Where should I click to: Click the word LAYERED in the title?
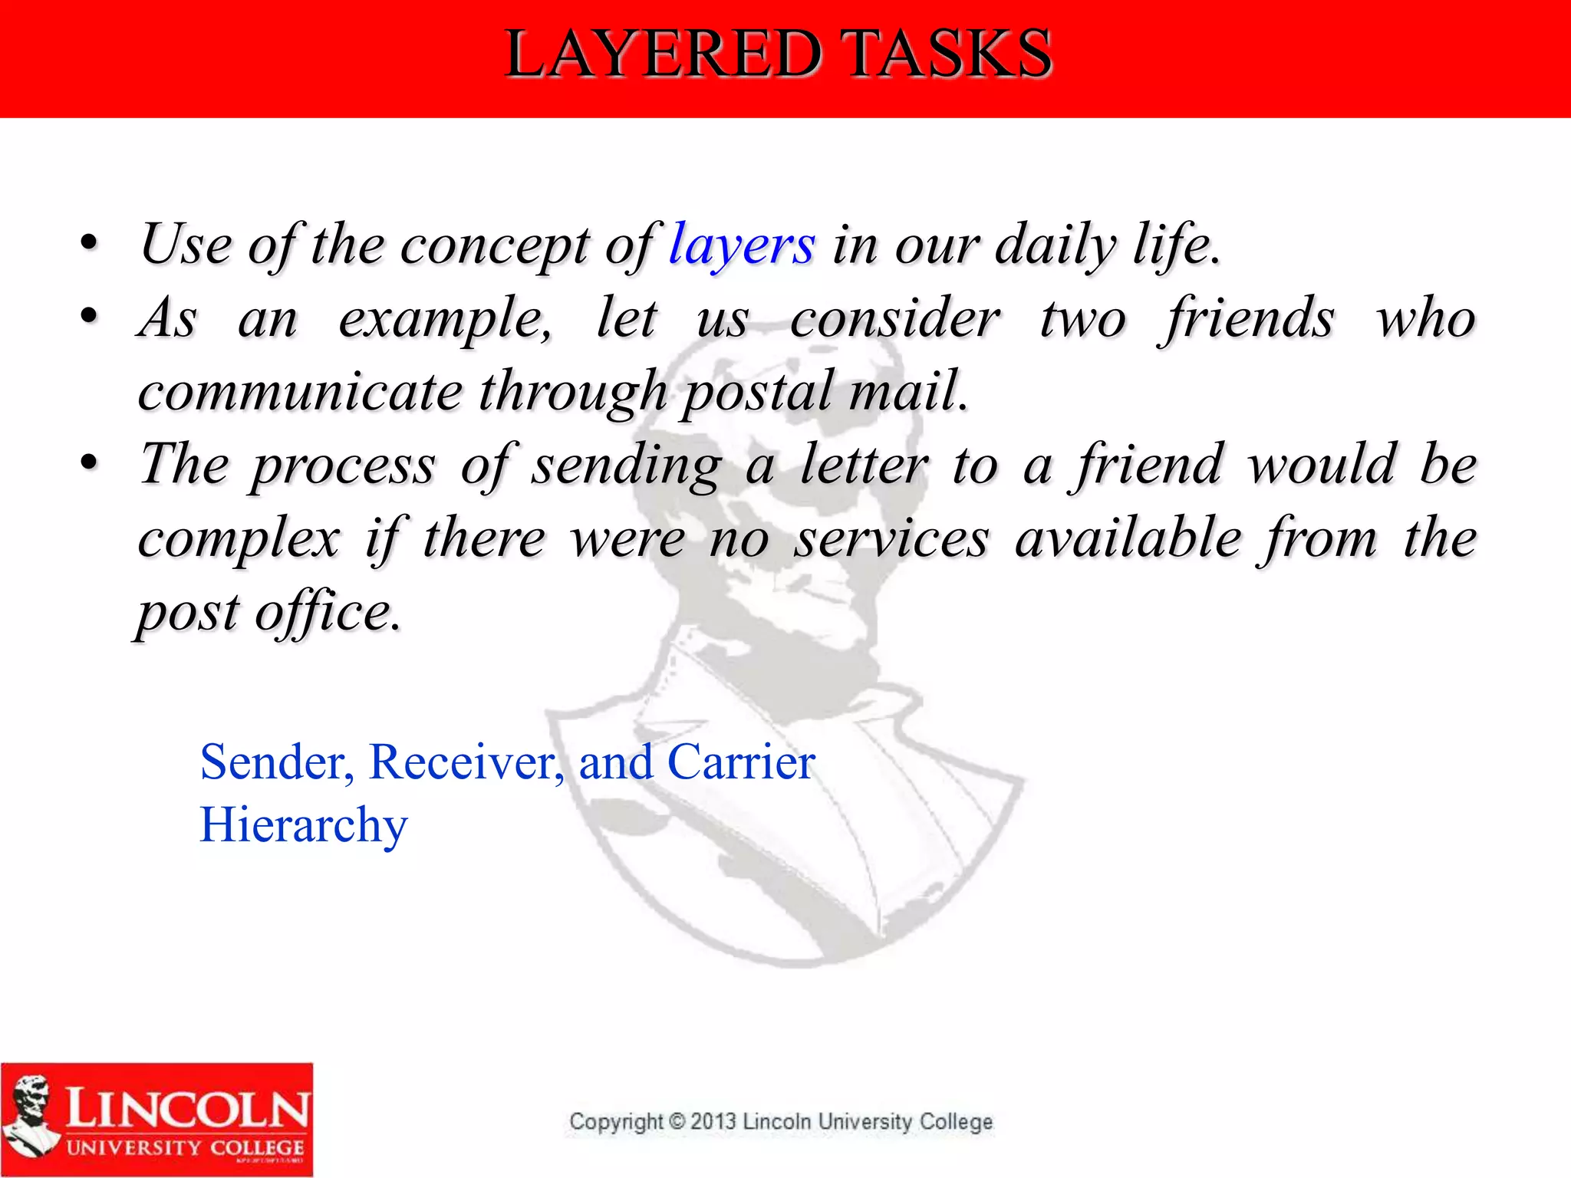pos(664,54)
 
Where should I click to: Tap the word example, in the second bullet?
pos(445,319)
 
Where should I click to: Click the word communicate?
pos(300,391)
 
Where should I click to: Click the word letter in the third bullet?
pos(865,465)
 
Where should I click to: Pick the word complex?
pos(239,538)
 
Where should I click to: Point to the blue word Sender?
pos(277,762)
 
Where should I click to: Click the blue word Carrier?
pos(741,762)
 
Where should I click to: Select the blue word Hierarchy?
pos(304,827)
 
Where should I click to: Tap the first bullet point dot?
pos(89,244)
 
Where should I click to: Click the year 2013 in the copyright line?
pos(713,1121)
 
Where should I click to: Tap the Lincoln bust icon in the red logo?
pos(31,1116)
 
